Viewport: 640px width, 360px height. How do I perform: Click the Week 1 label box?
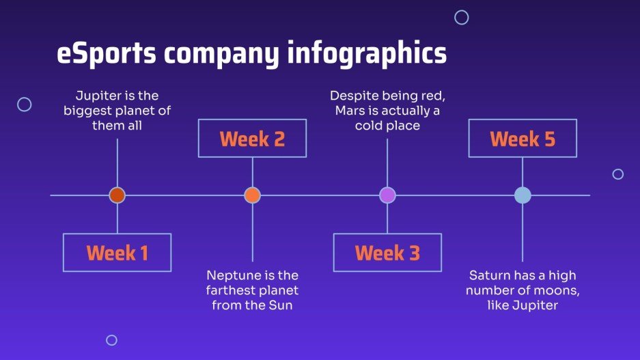(117, 253)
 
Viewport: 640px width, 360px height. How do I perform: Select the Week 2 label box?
(252, 139)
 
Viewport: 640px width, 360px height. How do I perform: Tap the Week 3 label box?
(387, 253)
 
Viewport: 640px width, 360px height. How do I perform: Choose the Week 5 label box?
(523, 139)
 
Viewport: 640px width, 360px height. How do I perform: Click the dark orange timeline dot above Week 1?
(117, 195)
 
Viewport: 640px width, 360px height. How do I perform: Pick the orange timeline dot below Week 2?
(253, 195)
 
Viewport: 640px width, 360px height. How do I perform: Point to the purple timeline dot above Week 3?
(387, 195)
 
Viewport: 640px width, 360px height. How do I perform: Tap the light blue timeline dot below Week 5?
(523, 195)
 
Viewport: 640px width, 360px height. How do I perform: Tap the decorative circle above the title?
(462, 18)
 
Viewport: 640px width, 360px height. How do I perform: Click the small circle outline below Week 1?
(111, 340)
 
